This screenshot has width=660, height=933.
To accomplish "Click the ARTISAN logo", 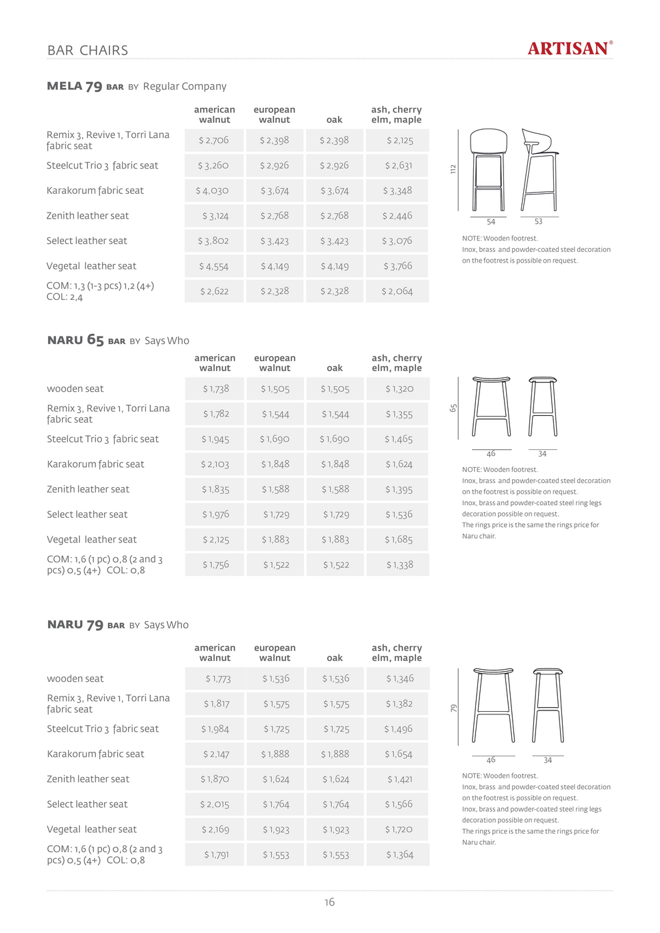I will tap(569, 49).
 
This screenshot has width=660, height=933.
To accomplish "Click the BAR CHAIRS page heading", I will tap(87, 51).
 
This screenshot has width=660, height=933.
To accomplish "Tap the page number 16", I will tap(329, 902).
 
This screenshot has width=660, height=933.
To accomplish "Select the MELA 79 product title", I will tap(75, 86).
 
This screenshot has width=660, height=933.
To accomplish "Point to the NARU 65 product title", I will tap(75, 341).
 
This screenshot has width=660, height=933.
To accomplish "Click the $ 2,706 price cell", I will tap(214, 141).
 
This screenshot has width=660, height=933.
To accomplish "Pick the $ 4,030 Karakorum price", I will tap(213, 191).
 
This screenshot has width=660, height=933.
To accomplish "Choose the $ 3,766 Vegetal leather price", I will tap(398, 266).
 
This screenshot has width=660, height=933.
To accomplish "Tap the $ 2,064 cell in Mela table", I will tap(397, 291).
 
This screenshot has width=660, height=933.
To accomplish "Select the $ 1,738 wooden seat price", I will tap(215, 389).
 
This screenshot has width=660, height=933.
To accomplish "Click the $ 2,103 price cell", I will tap(215, 465).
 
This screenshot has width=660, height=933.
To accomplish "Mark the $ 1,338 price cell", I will tap(399, 565).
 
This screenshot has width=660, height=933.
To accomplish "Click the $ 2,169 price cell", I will tap(215, 830).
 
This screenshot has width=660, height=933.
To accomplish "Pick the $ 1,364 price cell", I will tap(399, 855).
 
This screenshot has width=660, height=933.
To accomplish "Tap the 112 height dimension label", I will tap(453, 169).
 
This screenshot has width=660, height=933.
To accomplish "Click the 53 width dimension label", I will tap(539, 222).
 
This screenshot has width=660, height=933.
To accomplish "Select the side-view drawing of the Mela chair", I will tap(539, 171).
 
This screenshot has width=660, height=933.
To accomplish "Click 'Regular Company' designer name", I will tap(185, 87).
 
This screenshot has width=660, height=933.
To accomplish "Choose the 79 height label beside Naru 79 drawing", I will tap(454, 708).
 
